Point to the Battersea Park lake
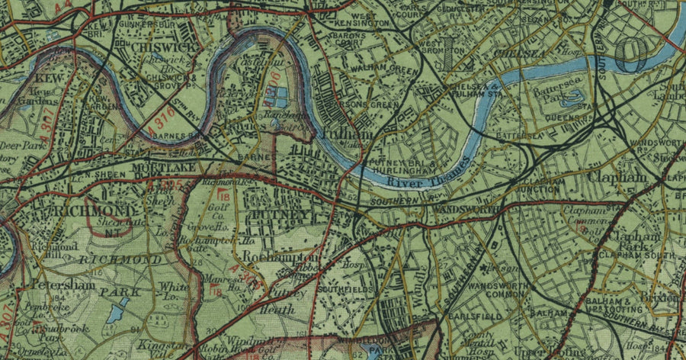(574, 97)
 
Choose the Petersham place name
(63, 284)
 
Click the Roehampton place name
(278, 257)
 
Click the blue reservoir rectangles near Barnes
(275, 97)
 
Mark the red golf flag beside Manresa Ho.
(216, 291)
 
